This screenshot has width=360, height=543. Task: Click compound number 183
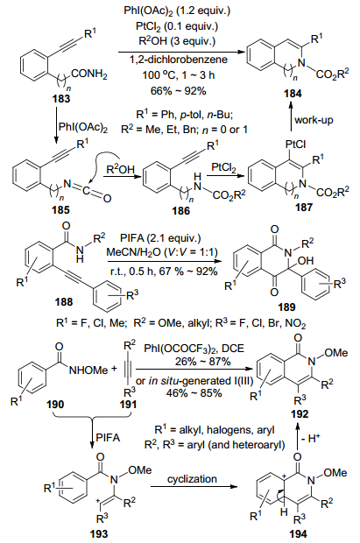pos(61,99)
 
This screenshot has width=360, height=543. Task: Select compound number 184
pos(293,94)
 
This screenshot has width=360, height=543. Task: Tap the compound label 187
pos(304,207)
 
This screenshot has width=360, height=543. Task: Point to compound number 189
pos(286,307)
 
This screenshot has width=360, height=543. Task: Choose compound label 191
pos(128,405)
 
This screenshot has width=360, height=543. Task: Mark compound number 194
pos(298,534)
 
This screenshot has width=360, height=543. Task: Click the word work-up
pos(314,120)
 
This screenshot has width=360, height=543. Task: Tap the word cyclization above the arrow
pos(192,479)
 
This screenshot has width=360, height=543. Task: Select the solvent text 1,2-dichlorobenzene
pos(179,60)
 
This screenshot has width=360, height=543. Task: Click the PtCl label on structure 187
pos(295,144)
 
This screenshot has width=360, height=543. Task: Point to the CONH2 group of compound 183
pos(89,74)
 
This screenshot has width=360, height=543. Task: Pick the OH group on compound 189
pos(305,260)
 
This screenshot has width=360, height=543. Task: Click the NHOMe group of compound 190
pos(88,370)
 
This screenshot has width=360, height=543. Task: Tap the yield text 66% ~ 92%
pos(179,91)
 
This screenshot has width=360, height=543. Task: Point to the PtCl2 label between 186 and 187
pos(224,168)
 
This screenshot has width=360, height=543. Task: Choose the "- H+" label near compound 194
pos(310,439)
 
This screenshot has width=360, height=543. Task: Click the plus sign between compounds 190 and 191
pos(114,369)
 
